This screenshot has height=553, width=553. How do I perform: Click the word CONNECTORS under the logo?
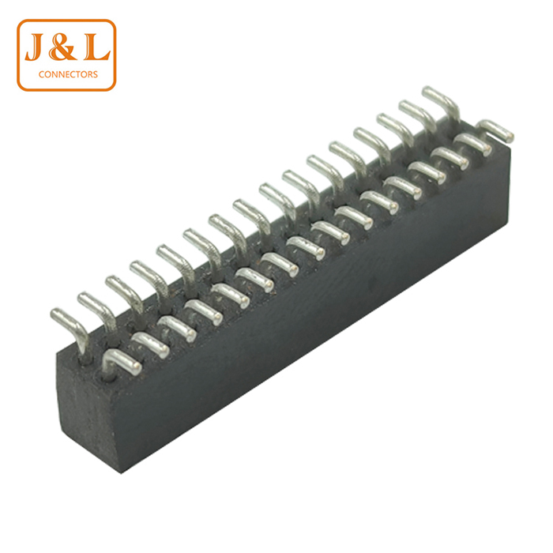(x=68, y=74)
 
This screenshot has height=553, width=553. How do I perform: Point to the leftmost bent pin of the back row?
(x=70, y=329)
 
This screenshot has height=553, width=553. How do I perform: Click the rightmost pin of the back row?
(x=441, y=104)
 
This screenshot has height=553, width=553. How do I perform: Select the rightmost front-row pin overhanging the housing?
(x=495, y=130)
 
